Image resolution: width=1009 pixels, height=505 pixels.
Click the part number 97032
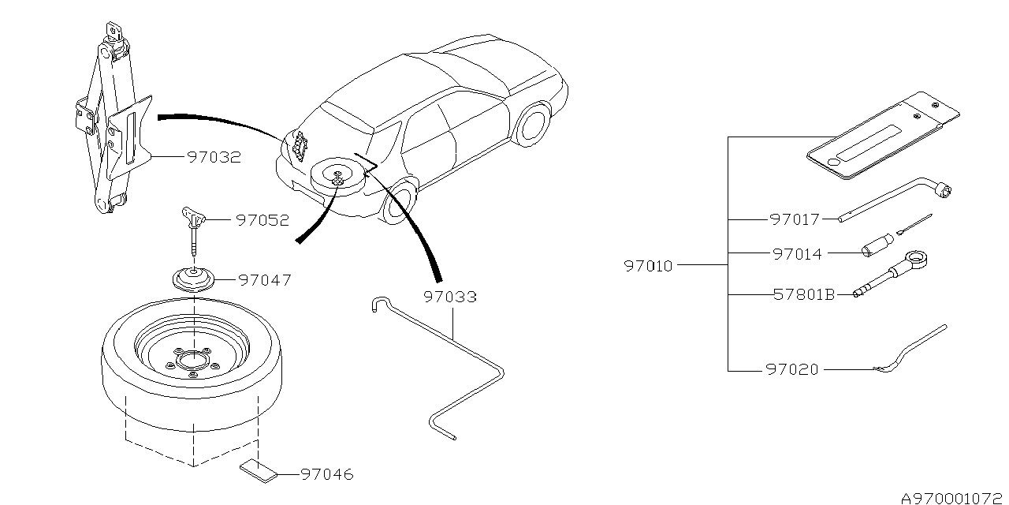click(x=214, y=157)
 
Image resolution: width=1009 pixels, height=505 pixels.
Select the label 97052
click(x=262, y=220)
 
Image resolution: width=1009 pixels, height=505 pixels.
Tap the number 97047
click(x=265, y=280)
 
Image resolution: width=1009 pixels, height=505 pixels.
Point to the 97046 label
click(x=327, y=474)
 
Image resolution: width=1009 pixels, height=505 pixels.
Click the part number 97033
click(x=450, y=297)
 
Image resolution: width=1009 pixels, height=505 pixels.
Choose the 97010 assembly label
click(x=648, y=266)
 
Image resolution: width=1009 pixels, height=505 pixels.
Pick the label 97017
click(x=795, y=219)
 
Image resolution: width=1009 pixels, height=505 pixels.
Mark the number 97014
click(x=797, y=254)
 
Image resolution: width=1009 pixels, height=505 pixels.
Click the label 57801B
click(x=804, y=295)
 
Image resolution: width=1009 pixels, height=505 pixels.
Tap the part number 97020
click(x=792, y=370)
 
